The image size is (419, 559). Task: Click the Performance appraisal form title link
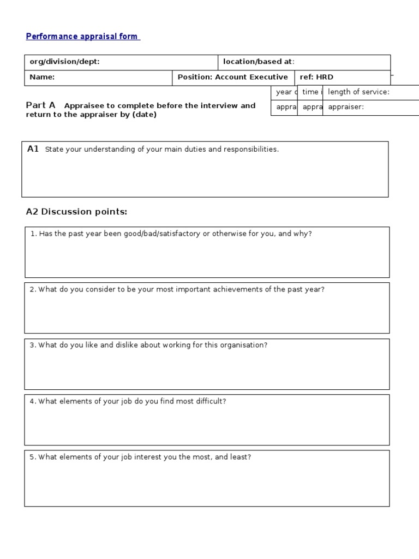82,37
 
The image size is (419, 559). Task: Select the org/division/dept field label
64,62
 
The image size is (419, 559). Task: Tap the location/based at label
259,62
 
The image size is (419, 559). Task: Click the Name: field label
42,77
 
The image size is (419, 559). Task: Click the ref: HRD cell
316,77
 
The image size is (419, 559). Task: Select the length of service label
358,92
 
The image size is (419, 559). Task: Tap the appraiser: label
346,107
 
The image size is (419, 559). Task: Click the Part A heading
41,105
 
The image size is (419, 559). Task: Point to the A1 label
33,149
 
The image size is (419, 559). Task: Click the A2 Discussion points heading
76,212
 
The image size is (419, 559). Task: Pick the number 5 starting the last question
32,457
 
